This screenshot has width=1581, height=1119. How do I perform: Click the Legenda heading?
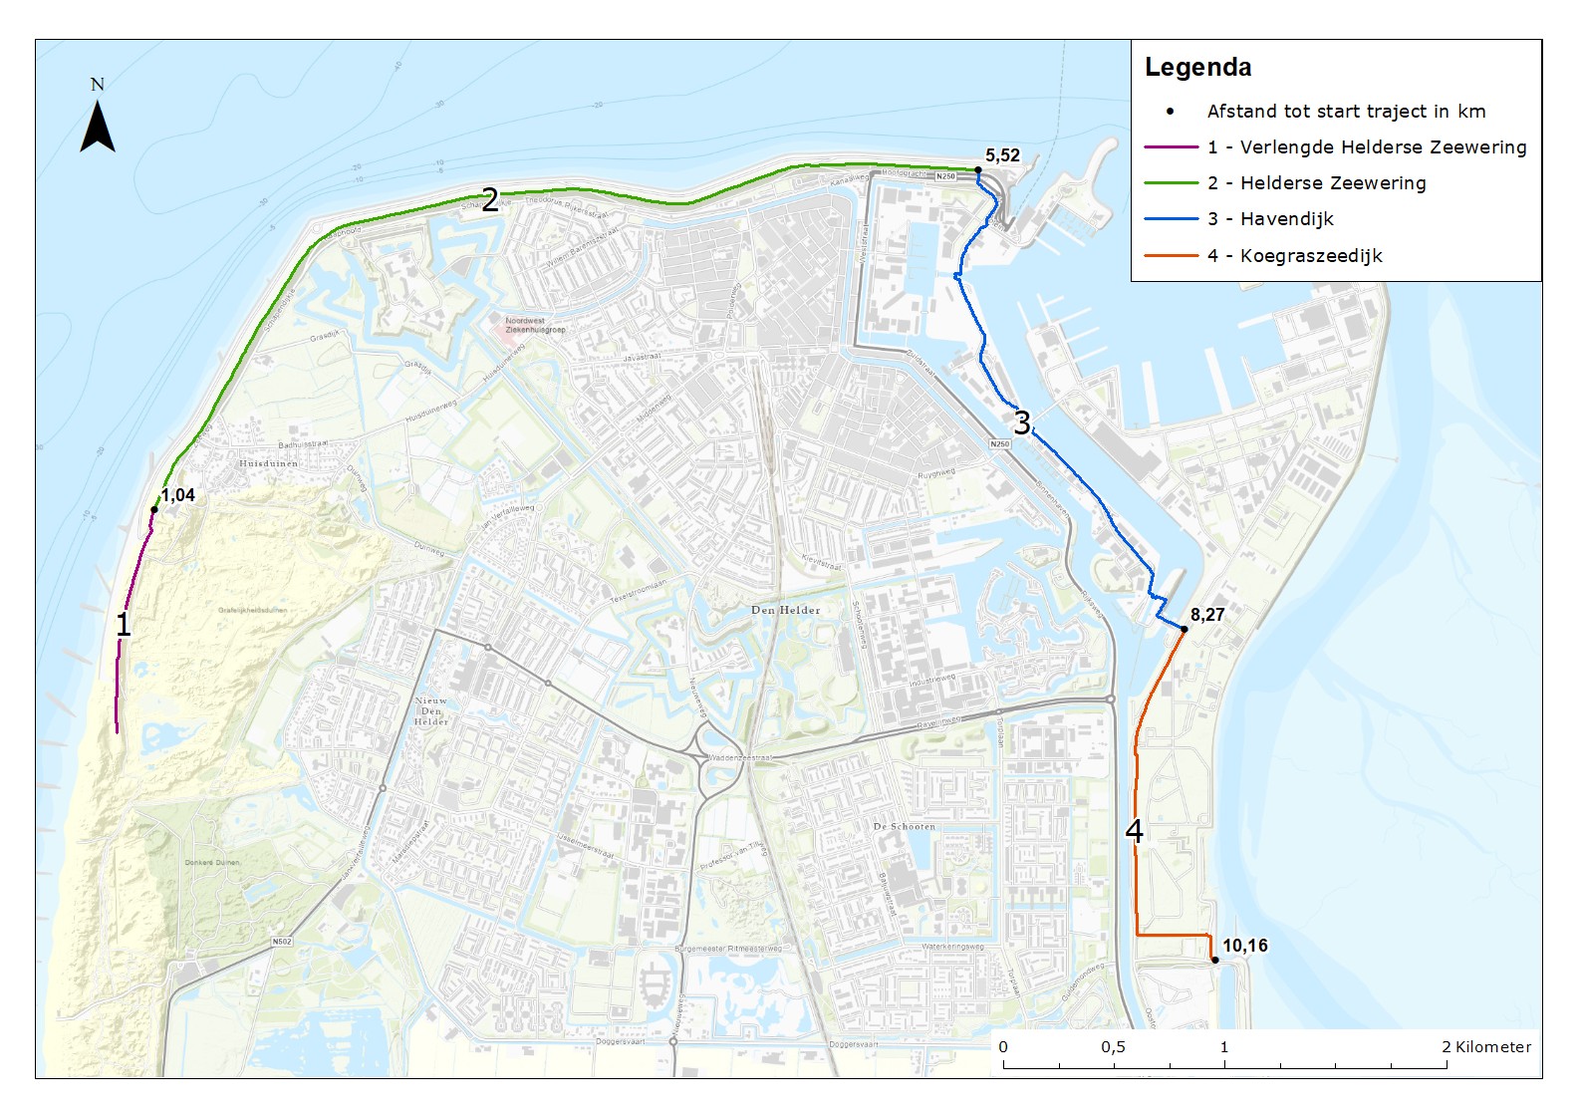tap(1197, 68)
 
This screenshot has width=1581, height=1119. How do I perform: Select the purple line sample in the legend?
tap(1171, 147)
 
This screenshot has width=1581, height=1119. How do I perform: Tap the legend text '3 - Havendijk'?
tap(1270, 219)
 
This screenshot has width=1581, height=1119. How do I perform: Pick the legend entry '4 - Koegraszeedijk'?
tap(1294, 256)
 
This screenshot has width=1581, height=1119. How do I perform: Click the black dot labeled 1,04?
tap(154, 510)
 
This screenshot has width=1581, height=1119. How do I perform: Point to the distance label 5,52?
tap(1002, 155)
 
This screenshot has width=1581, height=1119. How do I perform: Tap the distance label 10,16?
tap(1245, 946)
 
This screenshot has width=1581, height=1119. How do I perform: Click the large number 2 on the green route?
tap(489, 200)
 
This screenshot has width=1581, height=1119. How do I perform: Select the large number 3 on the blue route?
tap(1022, 422)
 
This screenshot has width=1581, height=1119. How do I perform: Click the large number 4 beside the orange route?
tap(1134, 831)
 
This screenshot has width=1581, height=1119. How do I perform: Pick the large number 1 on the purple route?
tap(124, 625)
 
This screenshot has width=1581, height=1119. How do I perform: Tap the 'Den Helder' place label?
tap(786, 610)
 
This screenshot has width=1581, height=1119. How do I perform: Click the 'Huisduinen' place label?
tap(268, 463)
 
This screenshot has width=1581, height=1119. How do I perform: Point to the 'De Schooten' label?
tap(904, 826)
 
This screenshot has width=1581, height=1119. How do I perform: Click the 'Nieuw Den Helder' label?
tap(431, 710)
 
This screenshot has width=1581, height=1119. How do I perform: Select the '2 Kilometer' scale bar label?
tap(1485, 1046)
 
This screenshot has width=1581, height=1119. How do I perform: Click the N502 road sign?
tap(282, 942)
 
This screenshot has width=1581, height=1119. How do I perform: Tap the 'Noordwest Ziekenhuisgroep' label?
tap(535, 325)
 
